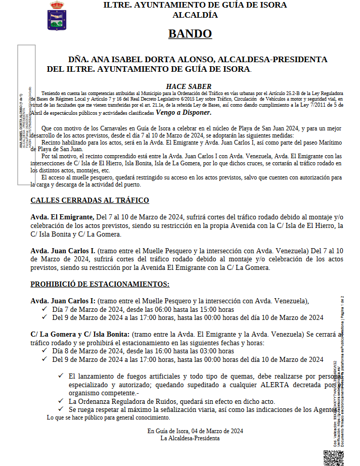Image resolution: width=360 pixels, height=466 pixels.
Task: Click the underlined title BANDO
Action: point(190,34)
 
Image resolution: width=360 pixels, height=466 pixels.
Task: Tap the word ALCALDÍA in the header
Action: point(195,15)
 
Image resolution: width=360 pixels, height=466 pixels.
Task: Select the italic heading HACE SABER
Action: point(189,86)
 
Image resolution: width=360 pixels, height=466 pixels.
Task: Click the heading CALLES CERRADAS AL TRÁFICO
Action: point(89,201)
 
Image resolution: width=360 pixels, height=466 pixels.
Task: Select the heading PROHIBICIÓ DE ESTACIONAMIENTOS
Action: point(100,284)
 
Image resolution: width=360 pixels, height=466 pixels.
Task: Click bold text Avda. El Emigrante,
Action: point(62,217)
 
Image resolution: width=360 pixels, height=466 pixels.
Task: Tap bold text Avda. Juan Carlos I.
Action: point(63,250)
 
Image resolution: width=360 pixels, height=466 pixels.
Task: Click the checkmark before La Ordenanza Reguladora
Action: point(61,401)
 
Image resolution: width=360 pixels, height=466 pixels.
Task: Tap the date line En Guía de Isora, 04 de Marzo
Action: point(196,431)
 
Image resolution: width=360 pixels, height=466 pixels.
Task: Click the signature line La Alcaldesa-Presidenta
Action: point(190,438)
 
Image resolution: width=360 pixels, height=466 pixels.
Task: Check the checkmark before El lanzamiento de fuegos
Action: point(61,376)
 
